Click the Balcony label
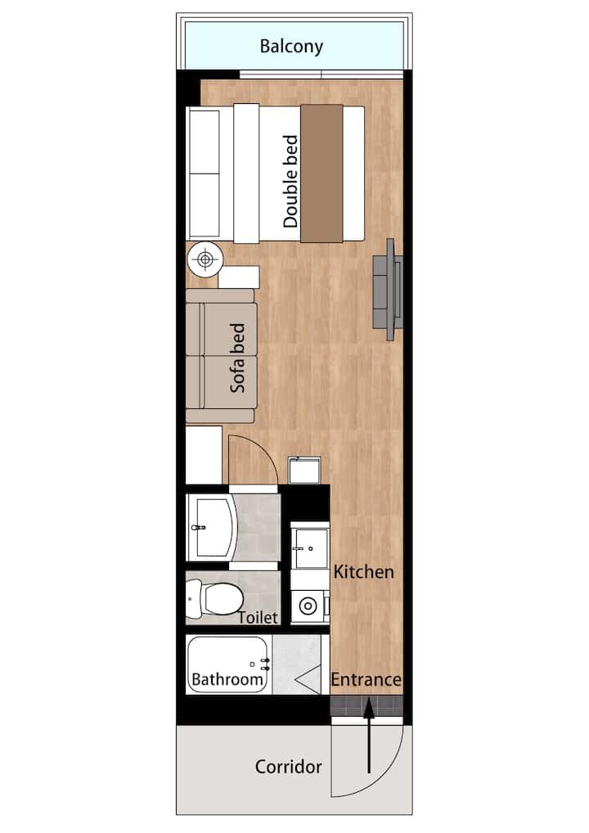291,47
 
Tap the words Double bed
290,181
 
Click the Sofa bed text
237,358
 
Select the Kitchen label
364,572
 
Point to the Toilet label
259,617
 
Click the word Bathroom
227,679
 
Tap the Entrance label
366,679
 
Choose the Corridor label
289,767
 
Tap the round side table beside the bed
205,259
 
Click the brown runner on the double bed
321,173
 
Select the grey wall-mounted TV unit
389,290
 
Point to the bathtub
228,664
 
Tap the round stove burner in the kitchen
308,606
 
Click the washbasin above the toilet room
212,528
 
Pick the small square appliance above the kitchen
304,470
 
